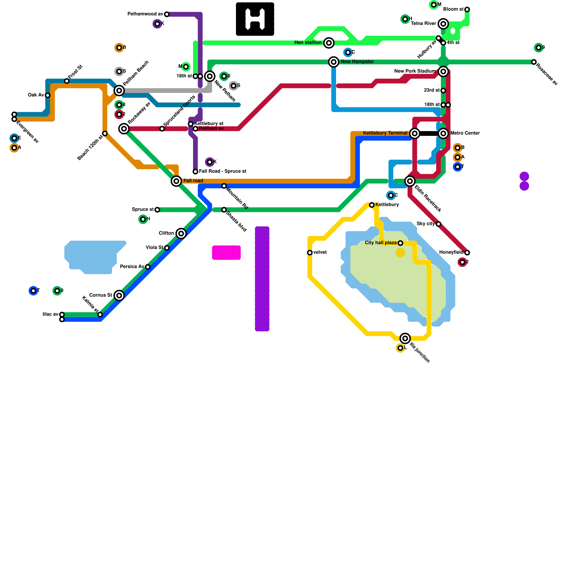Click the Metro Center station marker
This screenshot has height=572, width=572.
(443, 133)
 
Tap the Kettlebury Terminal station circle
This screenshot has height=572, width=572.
(415, 133)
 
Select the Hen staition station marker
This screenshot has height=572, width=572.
(329, 43)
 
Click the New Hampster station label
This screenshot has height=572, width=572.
(357, 62)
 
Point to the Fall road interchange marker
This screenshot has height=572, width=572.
(176, 181)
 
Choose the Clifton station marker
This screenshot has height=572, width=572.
(181, 233)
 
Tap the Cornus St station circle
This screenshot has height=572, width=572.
(119, 295)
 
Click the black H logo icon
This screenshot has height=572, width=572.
(255, 19)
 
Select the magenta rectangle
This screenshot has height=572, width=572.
(226, 252)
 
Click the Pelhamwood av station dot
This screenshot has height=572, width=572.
(167, 14)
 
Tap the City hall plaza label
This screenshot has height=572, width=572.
(380, 243)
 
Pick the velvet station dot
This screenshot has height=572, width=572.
(310, 253)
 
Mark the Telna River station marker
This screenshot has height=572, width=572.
(443, 24)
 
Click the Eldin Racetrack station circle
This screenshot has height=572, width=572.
(410, 181)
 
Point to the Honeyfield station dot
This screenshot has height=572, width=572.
(467, 253)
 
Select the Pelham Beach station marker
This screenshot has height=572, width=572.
(119, 90)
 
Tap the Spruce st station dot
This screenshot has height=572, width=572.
(157, 210)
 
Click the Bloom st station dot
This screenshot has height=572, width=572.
(467, 9)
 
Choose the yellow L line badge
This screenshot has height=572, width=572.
(400, 348)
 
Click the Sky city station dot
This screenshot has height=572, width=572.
(438, 224)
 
